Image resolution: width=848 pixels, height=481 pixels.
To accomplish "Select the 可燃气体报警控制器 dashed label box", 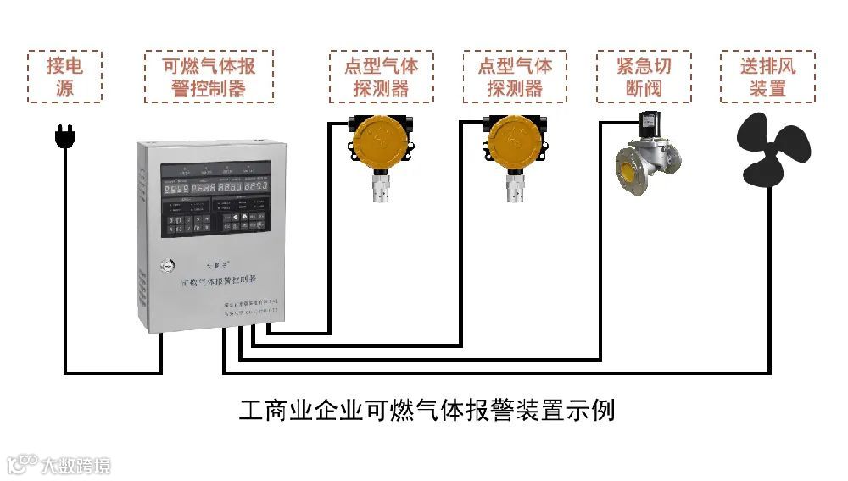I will coord(209,76).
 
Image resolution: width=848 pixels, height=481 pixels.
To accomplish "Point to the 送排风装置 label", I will coord(767,76).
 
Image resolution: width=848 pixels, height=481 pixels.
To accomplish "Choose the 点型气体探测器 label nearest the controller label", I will coord(382,76).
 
